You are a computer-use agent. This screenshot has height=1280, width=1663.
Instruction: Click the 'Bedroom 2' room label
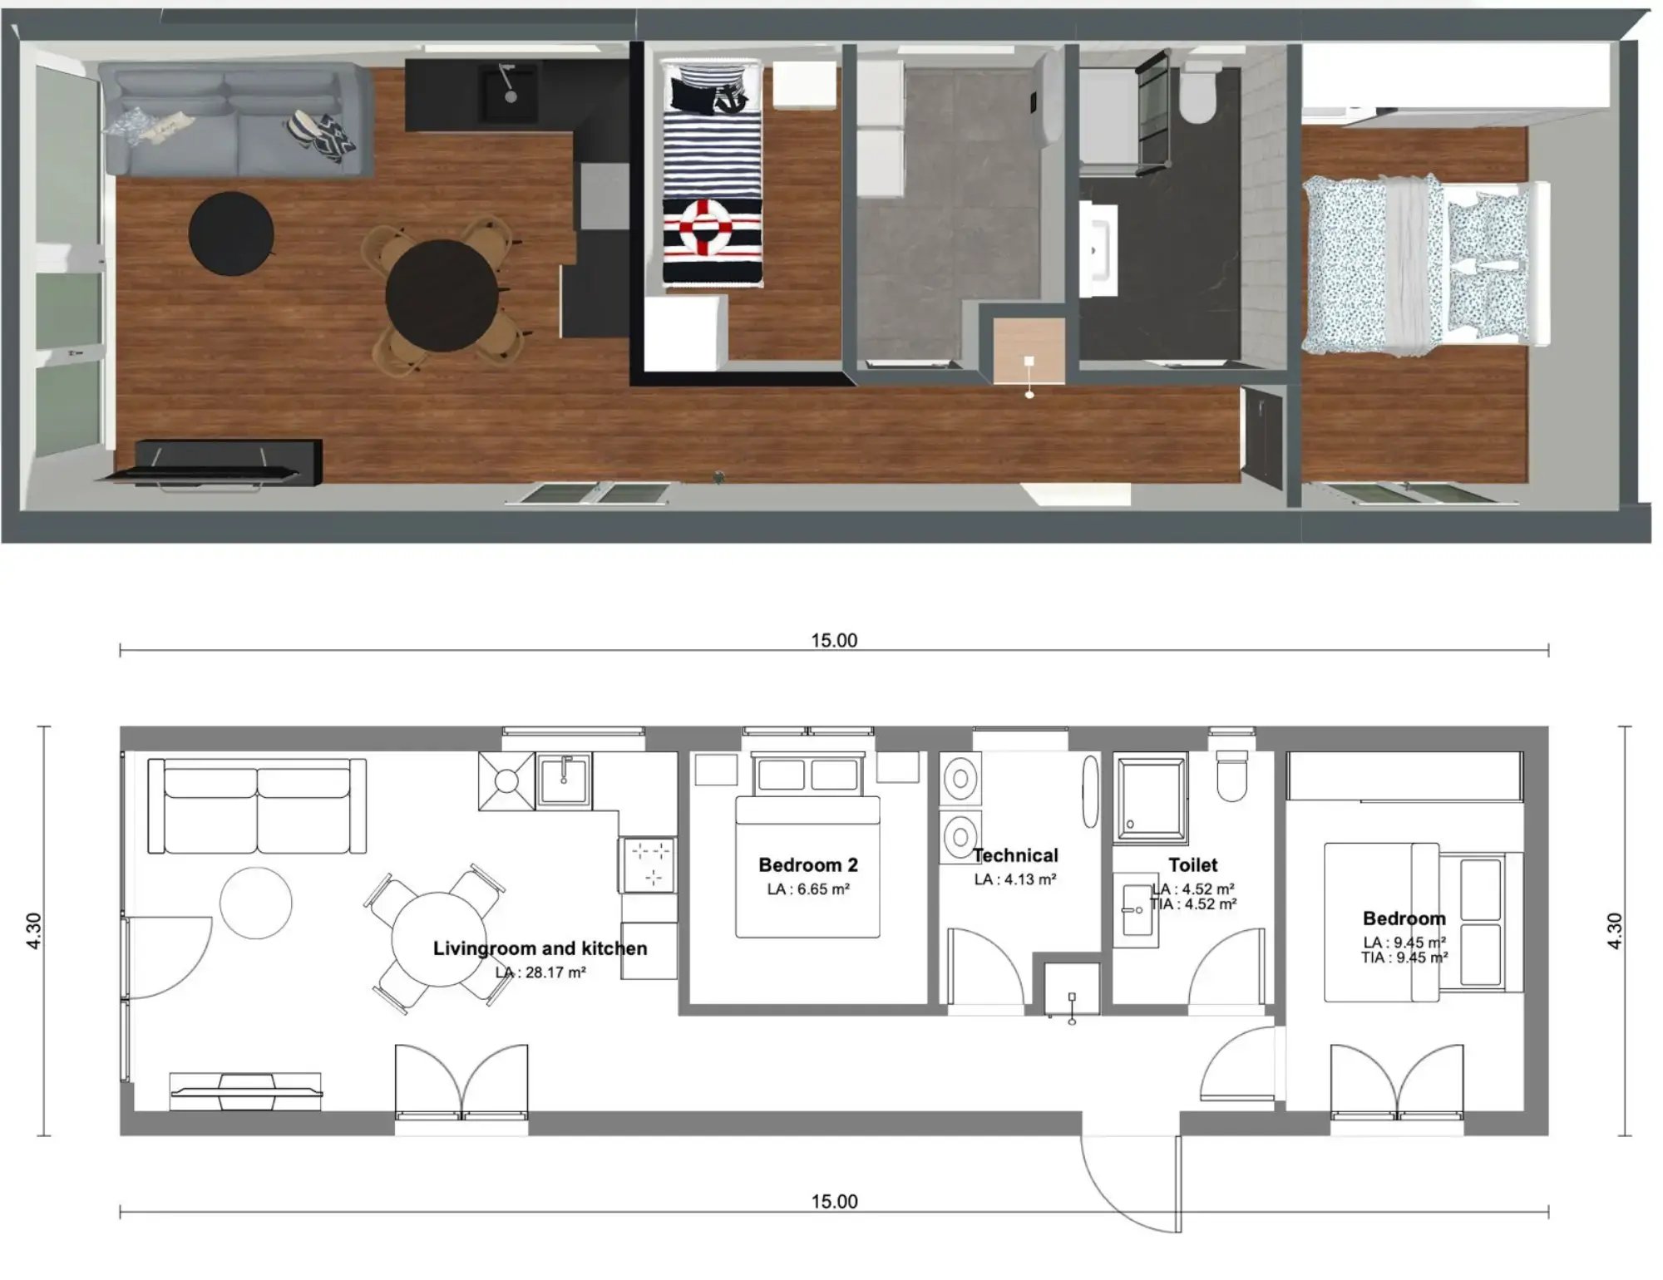pos(807,864)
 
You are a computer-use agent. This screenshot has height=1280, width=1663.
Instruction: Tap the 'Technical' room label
pos(1015,855)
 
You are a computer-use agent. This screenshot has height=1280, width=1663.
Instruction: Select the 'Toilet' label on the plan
pos(1192,864)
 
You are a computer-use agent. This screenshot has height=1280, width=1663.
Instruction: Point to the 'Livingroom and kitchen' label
pos(540,948)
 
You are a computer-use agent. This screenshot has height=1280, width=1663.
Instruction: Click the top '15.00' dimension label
pos(834,640)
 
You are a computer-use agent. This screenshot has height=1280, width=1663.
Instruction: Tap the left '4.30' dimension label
pos(34,931)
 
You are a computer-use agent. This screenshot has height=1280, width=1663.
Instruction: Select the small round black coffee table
pos(231,234)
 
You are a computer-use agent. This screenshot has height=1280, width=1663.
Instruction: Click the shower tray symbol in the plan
pos(1151,796)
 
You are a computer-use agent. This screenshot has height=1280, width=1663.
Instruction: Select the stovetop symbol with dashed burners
pos(648,864)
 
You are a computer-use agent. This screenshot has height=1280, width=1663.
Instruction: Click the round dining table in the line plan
pos(439,939)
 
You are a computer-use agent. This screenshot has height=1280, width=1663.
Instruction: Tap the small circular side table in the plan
pos(256,903)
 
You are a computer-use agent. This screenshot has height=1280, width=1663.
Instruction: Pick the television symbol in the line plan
pos(246,1091)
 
